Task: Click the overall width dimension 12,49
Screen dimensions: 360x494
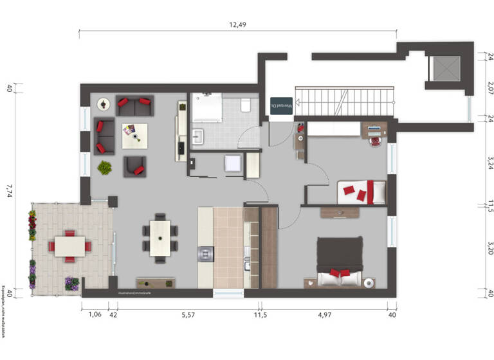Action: pos(238,24)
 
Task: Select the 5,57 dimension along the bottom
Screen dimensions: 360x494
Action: pos(188,315)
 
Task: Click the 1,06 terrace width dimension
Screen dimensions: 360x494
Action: pos(94,315)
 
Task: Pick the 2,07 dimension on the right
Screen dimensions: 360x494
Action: pos(490,87)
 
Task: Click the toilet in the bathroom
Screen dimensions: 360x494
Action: pos(245,105)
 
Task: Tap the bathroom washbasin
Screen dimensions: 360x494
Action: pos(199,136)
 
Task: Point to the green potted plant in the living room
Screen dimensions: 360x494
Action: pos(104,168)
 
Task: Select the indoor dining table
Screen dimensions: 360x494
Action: pos(160,238)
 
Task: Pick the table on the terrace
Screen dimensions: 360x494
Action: pos(69,246)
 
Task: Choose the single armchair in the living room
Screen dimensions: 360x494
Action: pos(135,166)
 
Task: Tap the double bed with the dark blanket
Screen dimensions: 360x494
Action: pos(340,258)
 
